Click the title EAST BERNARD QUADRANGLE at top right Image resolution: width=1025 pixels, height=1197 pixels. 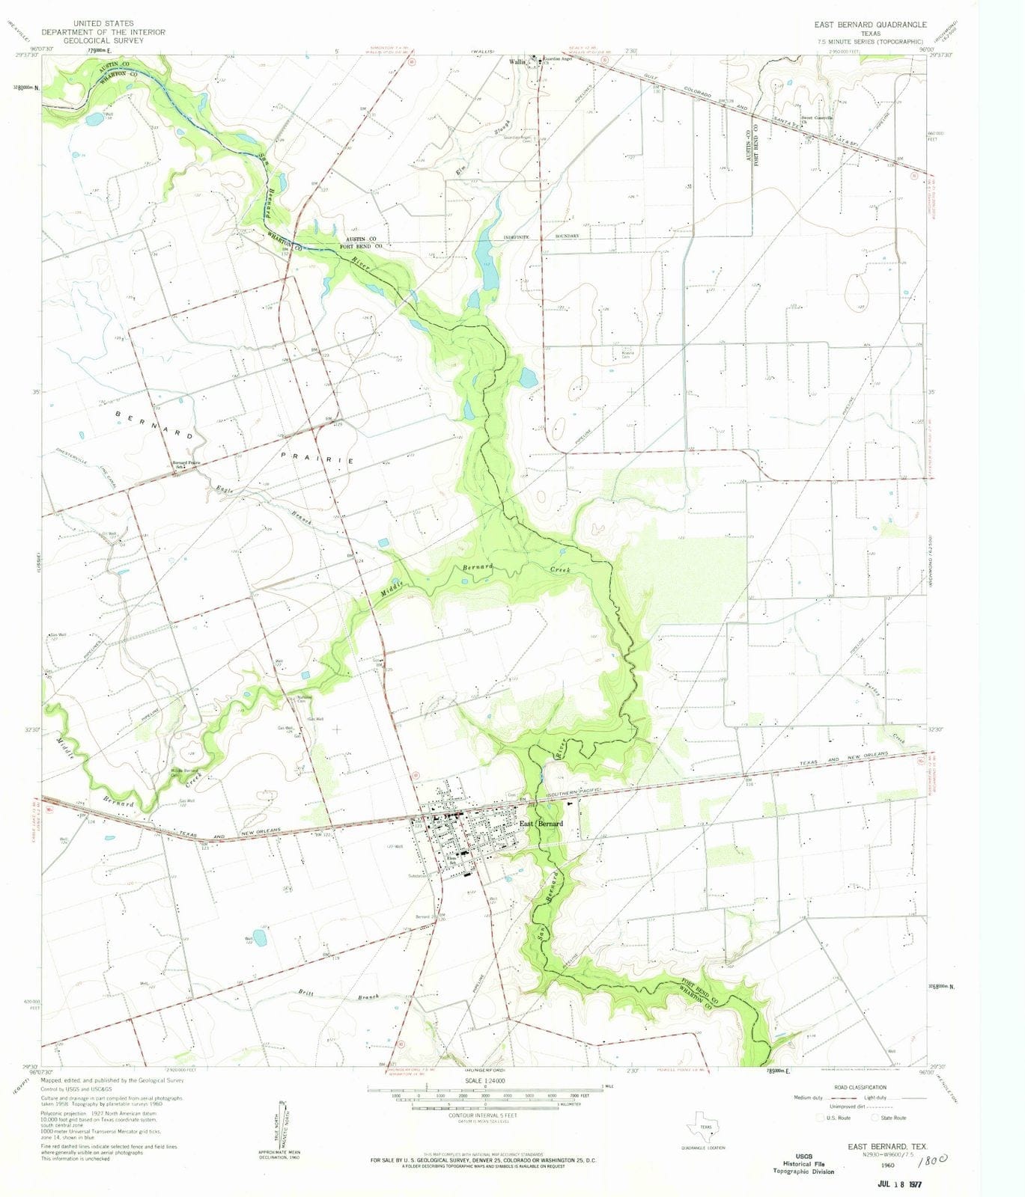pyautogui.click(x=870, y=25)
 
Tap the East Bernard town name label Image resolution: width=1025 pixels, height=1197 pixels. pyautogui.click(x=541, y=823)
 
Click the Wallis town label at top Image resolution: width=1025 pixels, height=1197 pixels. pyautogui.click(x=517, y=62)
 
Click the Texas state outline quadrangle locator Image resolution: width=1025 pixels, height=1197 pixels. pyautogui.click(x=705, y=1128)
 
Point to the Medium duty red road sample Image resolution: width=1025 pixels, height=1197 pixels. pyautogui.click(x=825, y=1097)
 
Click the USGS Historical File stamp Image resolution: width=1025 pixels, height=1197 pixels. pyautogui.click(x=803, y=1163)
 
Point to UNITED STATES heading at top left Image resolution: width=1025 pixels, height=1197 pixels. pyautogui.click(x=103, y=24)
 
